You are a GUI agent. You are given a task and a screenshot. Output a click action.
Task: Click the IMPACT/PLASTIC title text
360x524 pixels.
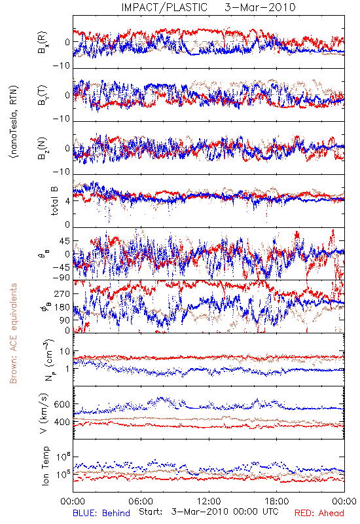point(164,7)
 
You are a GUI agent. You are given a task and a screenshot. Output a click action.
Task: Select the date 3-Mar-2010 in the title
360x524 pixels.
point(260,7)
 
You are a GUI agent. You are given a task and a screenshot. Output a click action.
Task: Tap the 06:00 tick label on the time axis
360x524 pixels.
point(141,501)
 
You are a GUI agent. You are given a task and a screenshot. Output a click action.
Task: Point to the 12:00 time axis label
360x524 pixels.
point(209,501)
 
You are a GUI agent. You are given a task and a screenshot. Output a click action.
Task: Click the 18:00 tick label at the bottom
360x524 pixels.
point(277,501)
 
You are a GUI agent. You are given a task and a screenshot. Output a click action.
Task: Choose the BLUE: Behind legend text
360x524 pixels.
point(101,513)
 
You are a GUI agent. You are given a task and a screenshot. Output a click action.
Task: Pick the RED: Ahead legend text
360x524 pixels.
point(319,513)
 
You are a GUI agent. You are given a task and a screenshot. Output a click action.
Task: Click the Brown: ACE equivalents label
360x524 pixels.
point(13,333)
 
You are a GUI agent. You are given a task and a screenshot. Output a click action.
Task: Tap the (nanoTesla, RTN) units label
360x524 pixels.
point(14,121)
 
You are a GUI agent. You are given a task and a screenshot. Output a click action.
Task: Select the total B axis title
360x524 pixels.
point(54,200)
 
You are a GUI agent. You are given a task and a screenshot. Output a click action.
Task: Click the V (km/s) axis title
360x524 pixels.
point(44,413)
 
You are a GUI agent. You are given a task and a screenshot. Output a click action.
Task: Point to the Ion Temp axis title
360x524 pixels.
point(45,466)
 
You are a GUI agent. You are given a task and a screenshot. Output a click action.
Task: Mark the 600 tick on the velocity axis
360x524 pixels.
point(62,404)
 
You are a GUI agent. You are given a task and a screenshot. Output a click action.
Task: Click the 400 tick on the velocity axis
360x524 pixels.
point(62,422)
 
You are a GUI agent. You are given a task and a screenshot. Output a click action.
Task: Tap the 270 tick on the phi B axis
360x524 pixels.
point(62,293)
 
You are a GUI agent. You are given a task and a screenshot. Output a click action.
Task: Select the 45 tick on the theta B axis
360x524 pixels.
point(65,241)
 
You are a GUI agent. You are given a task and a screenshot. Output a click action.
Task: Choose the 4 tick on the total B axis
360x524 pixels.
point(67,201)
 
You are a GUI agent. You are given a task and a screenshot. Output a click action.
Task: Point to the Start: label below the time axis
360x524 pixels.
point(151,512)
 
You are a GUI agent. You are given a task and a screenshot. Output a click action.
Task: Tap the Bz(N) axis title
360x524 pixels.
point(43,148)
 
